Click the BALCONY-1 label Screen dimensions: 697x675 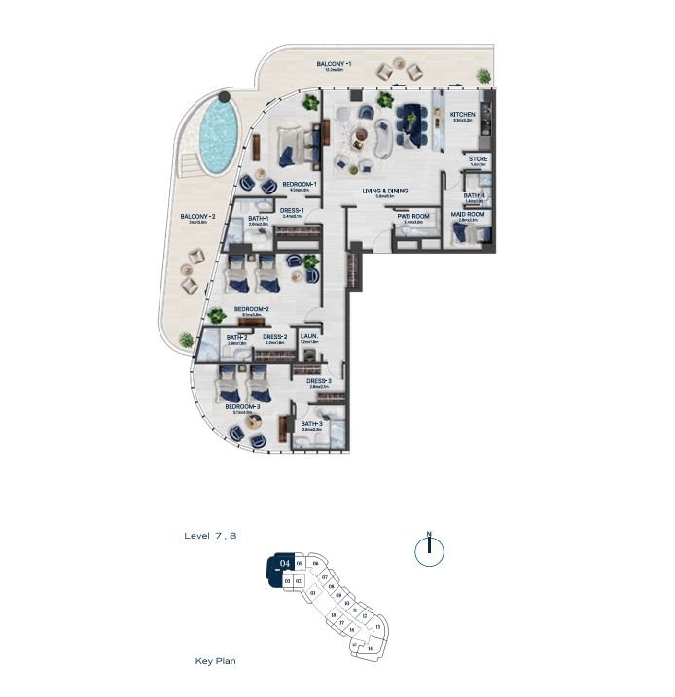pos(333,64)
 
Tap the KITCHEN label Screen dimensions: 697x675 pos(463,115)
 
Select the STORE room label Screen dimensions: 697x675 pos(478,158)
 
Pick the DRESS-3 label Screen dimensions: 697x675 pos(321,381)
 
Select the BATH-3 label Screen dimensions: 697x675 pos(311,424)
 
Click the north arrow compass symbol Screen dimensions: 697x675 pos(429,551)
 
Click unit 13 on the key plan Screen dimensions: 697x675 pos(377,627)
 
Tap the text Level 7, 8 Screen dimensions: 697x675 pos(210,536)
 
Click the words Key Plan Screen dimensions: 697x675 pos(215,661)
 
